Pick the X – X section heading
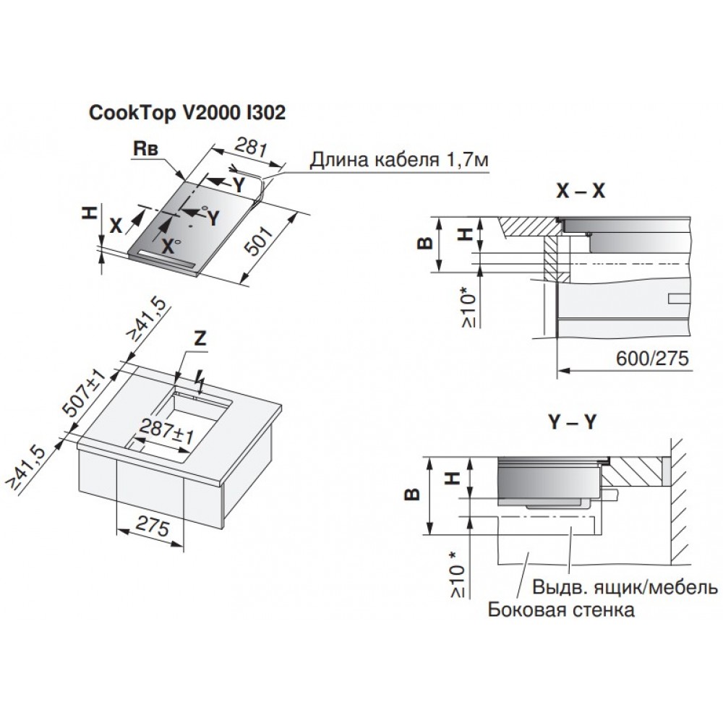click(580, 191)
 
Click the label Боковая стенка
click(561, 609)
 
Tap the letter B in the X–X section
click(427, 241)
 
